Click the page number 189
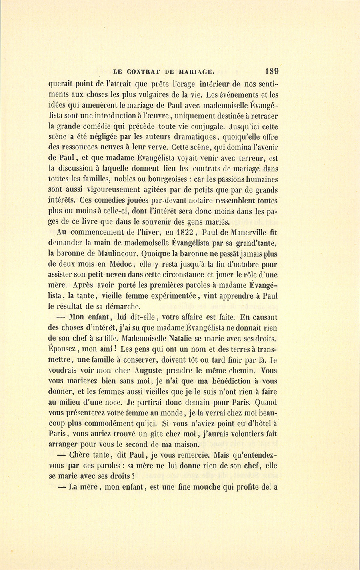pyautogui.click(x=271, y=71)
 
